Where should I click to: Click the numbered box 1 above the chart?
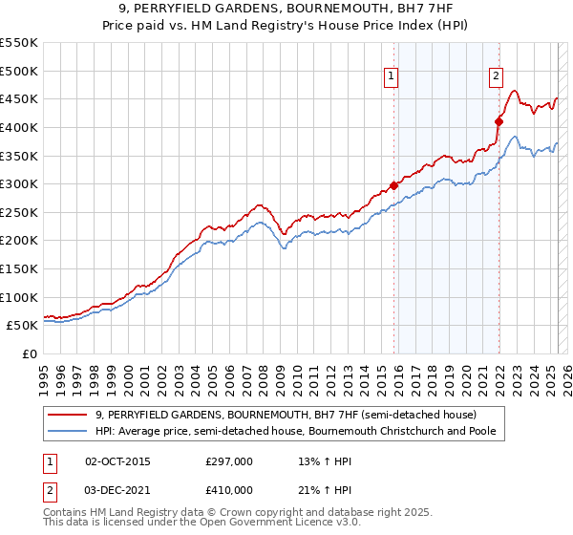tap(393, 80)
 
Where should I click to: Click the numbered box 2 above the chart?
tap(498, 80)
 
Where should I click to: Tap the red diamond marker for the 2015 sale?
tap(394, 186)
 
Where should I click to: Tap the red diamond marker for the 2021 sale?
tap(499, 121)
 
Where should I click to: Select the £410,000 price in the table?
tap(228, 489)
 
